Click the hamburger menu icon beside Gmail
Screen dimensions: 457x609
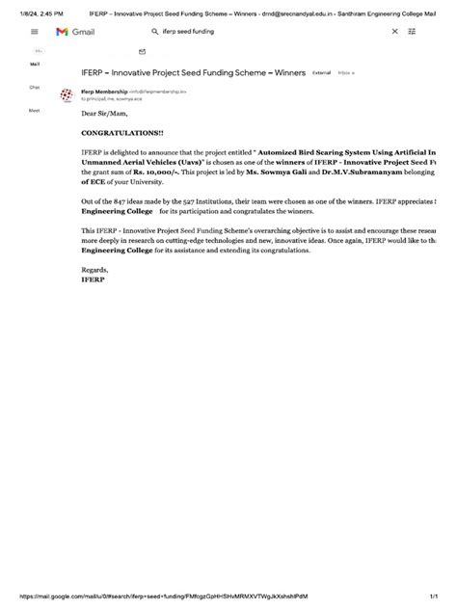coord(33,32)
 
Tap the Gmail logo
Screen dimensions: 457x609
coord(74,32)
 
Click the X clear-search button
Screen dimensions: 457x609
coord(394,32)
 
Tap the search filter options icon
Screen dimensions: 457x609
coord(412,32)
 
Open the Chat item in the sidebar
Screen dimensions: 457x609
coord(35,87)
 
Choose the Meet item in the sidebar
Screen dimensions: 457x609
coord(35,110)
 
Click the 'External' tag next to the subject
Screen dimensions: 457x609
coord(321,72)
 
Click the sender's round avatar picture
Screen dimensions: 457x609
coord(67,94)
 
